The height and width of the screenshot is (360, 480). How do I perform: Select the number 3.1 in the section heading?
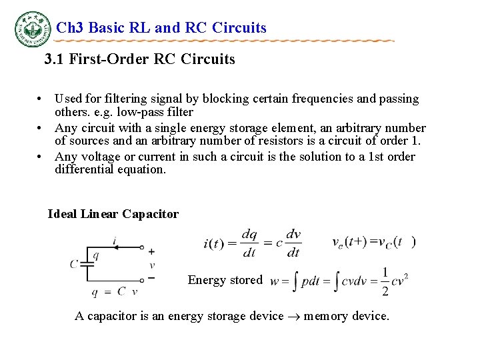[55, 59]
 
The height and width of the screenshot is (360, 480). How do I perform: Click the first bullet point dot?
[41, 99]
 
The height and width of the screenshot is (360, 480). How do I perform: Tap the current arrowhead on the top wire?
[115, 247]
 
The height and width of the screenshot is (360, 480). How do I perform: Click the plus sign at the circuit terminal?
[151, 251]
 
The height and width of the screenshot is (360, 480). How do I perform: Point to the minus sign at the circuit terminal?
[151, 277]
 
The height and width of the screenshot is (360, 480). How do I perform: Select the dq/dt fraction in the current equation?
[249, 243]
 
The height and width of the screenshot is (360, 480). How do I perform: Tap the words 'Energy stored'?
[225, 280]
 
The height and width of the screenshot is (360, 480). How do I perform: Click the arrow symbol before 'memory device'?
[293, 316]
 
